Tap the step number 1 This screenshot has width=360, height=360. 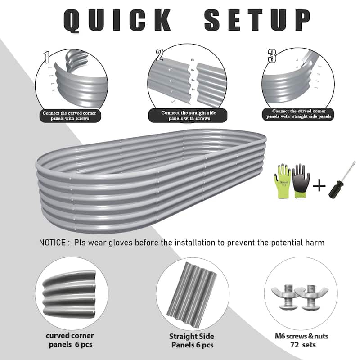(46, 57)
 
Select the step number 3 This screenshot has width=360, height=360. (271, 56)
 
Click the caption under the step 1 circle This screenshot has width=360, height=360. (69, 116)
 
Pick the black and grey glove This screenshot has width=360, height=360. (301, 179)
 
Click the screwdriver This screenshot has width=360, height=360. (341, 178)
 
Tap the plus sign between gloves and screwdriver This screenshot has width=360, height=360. (319, 184)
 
